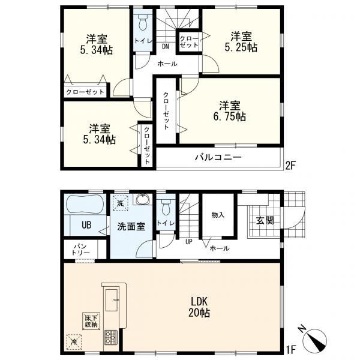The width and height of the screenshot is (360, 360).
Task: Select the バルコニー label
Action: [x=217, y=158]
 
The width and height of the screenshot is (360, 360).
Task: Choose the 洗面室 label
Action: [x=130, y=227]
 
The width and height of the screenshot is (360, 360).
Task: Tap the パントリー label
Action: [x=82, y=250]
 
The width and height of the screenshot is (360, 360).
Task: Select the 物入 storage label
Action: [x=217, y=215]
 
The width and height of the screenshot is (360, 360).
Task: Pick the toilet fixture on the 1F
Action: [x=166, y=207]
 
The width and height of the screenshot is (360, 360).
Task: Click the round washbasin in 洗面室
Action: [x=143, y=200]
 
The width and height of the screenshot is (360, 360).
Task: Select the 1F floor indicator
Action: [x=290, y=348]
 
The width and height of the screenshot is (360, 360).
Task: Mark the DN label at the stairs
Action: [x=165, y=46]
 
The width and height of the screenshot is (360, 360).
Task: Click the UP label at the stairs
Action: [x=189, y=242]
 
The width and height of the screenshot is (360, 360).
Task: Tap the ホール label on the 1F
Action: [x=218, y=247]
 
